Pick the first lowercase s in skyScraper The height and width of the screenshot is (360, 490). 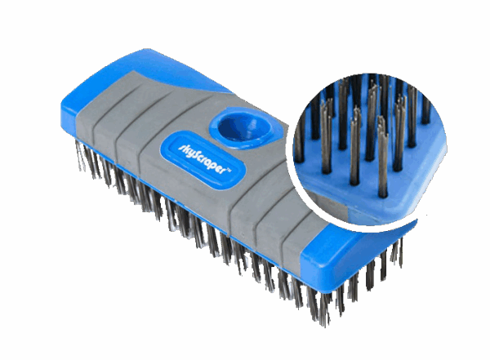[180, 148]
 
